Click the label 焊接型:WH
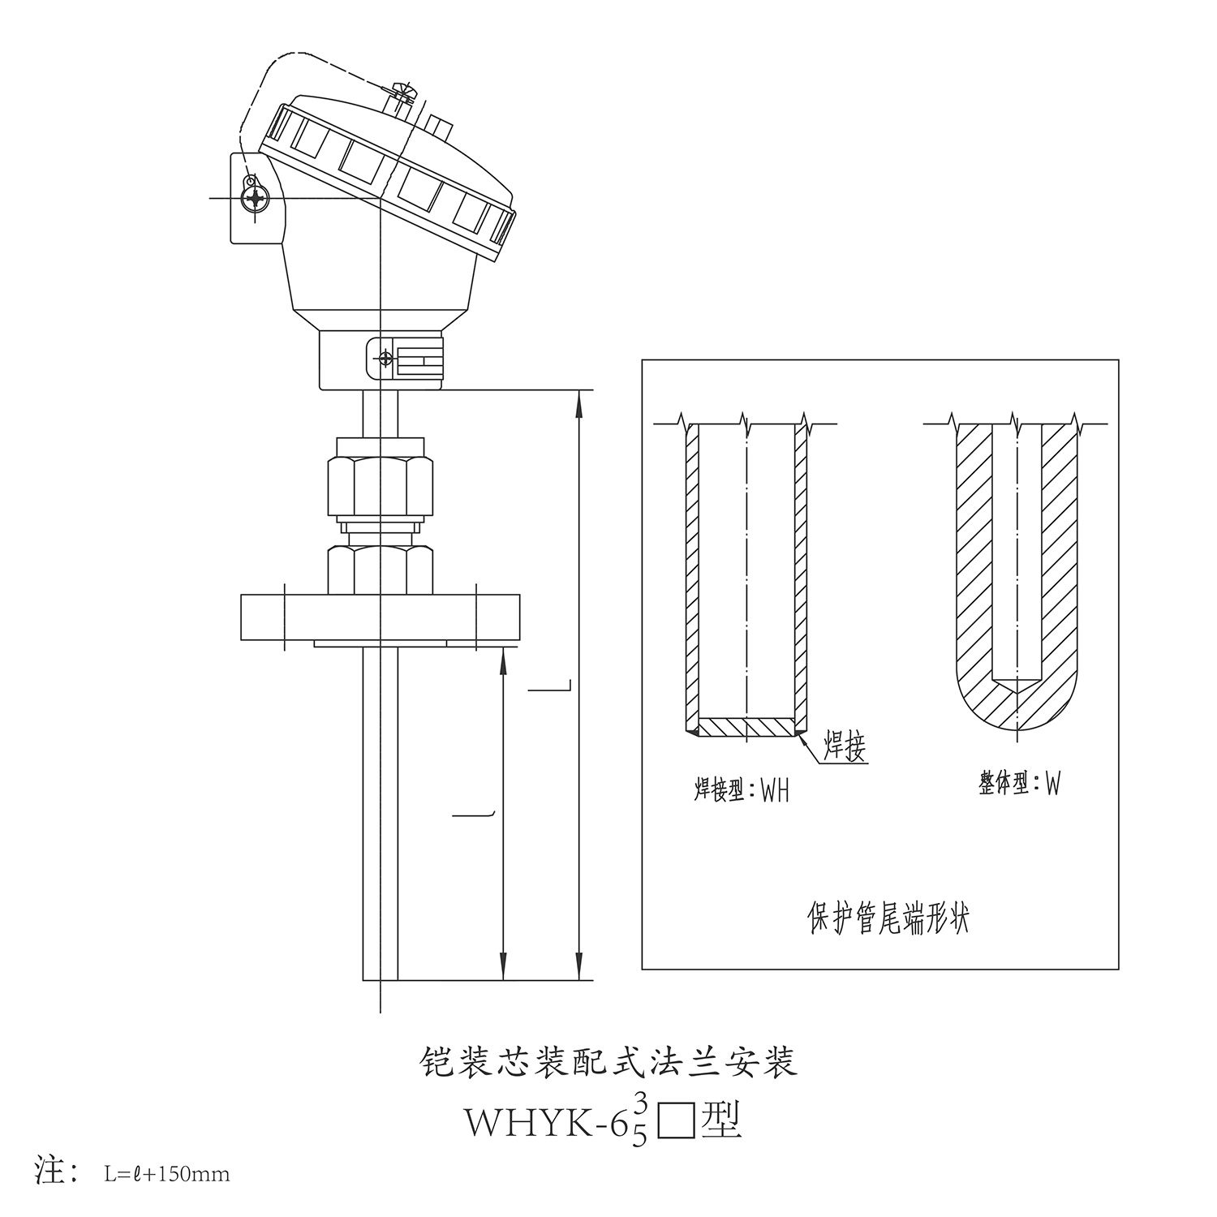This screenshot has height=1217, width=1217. coord(741,789)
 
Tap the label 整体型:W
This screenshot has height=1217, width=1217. coord(1019,784)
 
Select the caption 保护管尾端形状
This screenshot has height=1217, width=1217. coord(889,918)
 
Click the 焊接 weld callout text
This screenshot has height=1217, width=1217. coord(845,744)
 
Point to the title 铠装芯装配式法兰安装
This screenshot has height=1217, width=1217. coord(608,1062)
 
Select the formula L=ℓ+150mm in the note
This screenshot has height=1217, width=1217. coord(167,1173)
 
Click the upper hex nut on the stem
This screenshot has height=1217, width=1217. coord(380,486)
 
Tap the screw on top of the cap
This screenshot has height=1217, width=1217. coord(402,94)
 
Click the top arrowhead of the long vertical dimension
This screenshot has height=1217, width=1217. coord(578,403)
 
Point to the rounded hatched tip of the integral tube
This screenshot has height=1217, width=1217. coord(1017,702)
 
